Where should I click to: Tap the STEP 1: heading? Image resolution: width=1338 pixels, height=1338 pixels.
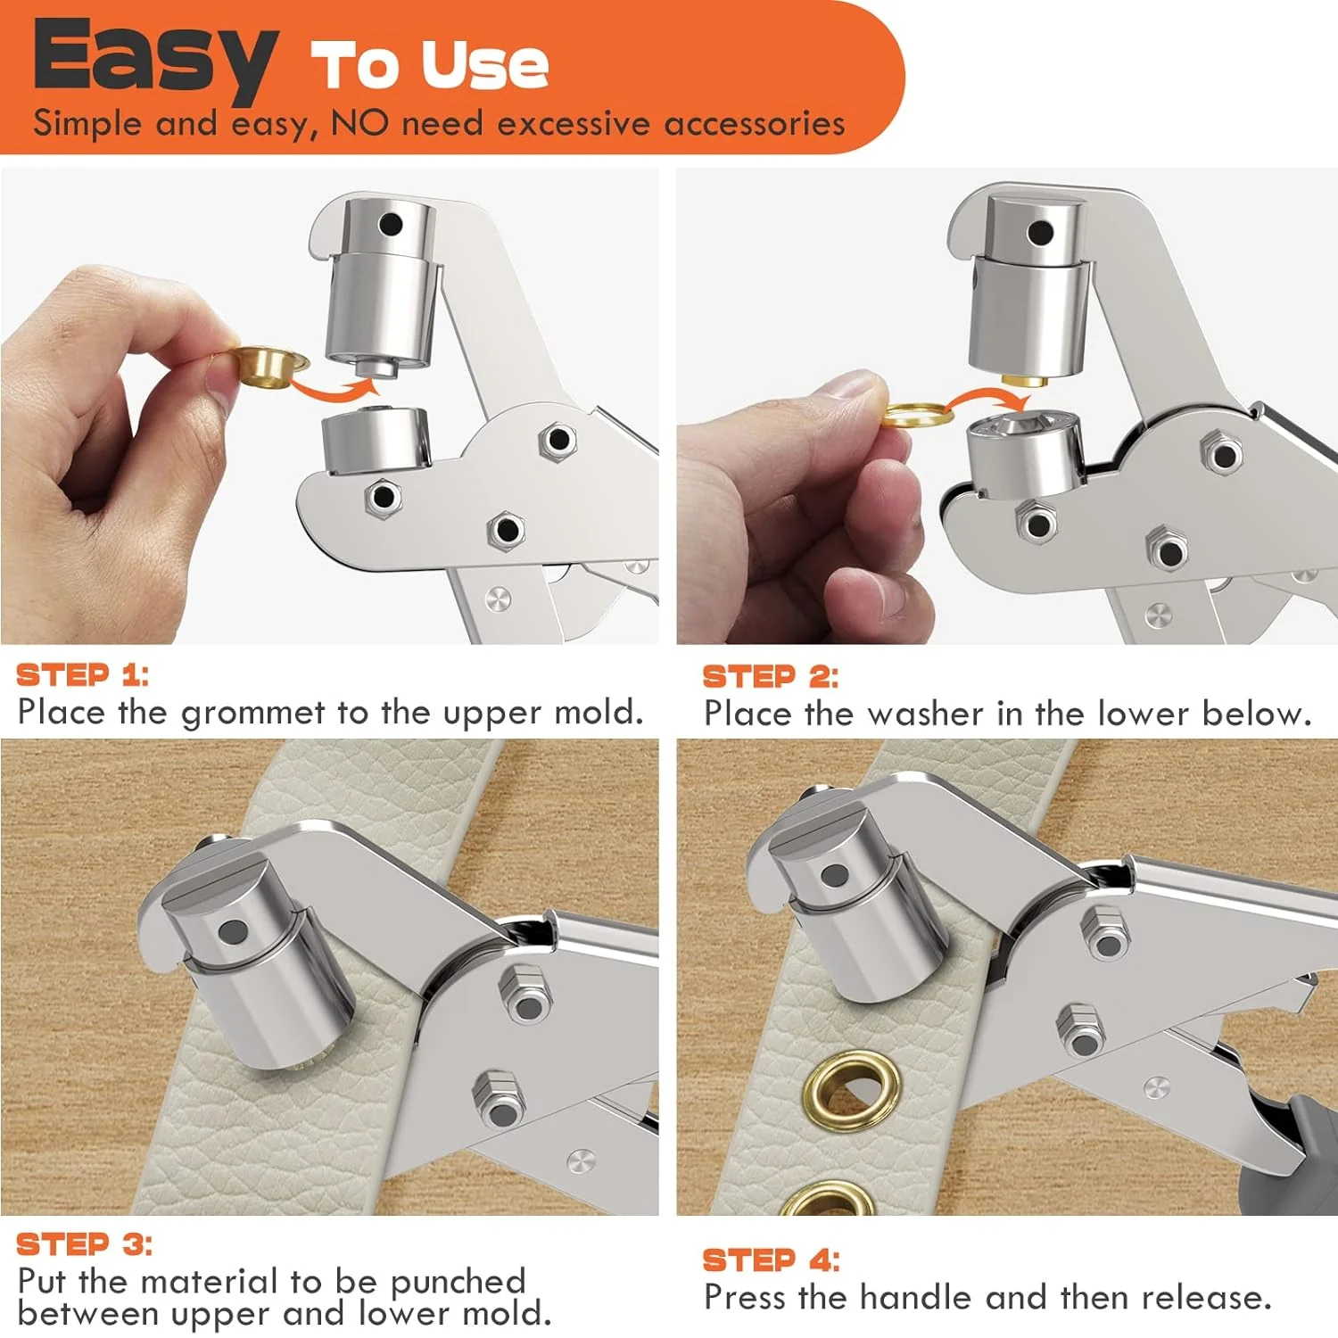[82, 675]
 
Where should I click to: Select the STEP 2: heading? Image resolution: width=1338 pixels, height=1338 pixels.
[770, 677]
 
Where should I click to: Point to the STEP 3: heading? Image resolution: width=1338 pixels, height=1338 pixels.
[84, 1244]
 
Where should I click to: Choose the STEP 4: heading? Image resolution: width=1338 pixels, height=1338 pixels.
[771, 1260]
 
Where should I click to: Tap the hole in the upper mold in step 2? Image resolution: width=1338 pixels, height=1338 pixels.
[1039, 234]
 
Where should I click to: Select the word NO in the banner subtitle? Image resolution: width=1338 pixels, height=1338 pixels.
[359, 123]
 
